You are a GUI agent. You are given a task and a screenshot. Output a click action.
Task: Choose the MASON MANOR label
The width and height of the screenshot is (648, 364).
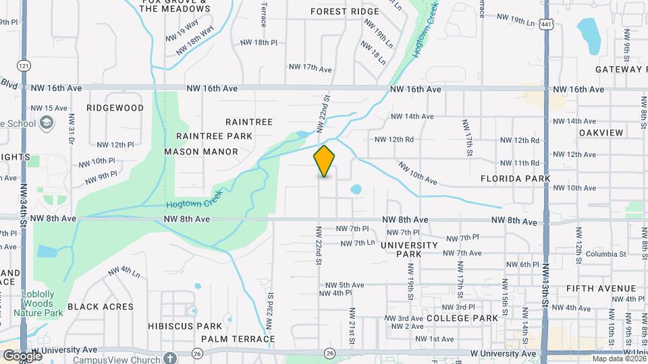[201, 152]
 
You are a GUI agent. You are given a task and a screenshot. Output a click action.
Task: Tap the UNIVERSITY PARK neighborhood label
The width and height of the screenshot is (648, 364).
[410, 249]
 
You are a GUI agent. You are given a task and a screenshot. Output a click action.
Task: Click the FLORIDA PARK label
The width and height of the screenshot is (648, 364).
[516, 179]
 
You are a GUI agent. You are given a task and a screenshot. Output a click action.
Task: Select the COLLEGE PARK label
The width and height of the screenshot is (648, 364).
[462, 318]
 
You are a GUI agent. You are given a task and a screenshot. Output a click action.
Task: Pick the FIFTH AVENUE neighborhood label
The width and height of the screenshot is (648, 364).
[601, 289]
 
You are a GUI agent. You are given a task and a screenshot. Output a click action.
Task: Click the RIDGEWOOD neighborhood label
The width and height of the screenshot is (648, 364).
[115, 108]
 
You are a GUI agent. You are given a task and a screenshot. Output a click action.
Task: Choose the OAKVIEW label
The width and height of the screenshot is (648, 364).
[601, 133]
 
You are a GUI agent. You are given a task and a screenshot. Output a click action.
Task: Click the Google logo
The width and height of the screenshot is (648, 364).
[22, 356]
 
